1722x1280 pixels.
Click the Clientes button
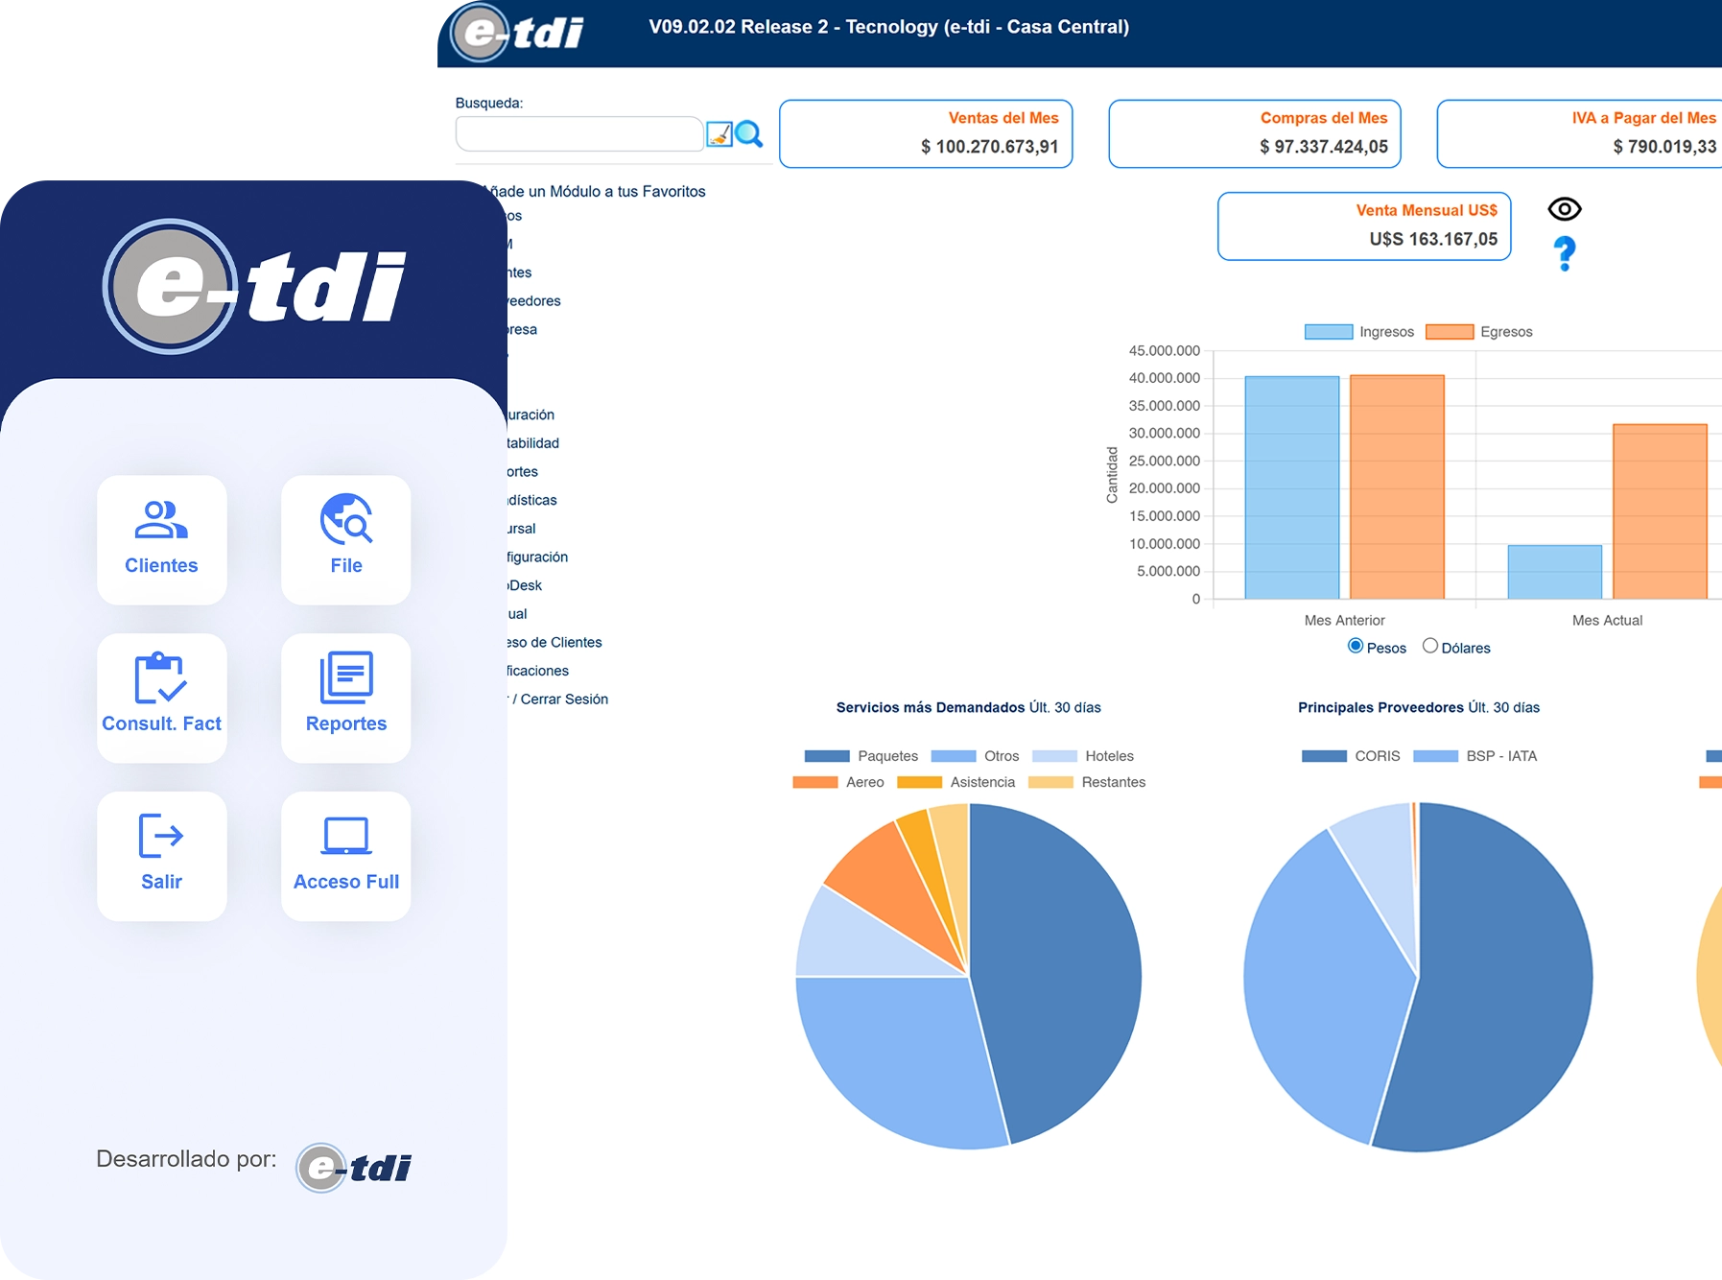[x=161, y=539]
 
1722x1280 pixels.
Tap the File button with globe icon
[x=345, y=539]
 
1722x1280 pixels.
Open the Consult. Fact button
[x=161, y=698]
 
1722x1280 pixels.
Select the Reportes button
[x=345, y=698]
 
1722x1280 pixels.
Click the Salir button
[x=161, y=856]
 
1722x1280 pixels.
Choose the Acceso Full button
[x=345, y=856]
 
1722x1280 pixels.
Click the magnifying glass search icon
[x=749, y=134]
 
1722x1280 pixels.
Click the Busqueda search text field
[x=578, y=134]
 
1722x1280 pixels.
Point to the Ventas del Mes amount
[x=989, y=147]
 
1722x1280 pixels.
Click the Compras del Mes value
[x=1323, y=147]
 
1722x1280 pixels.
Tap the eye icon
[x=1565, y=209]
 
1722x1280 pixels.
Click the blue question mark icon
[x=1565, y=253]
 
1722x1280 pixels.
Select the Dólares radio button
[x=1430, y=646]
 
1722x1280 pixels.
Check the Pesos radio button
[x=1356, y=646]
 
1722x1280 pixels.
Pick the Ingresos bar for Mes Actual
[x=1554, y=572]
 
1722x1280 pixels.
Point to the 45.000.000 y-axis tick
[x=1164, y=351]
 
